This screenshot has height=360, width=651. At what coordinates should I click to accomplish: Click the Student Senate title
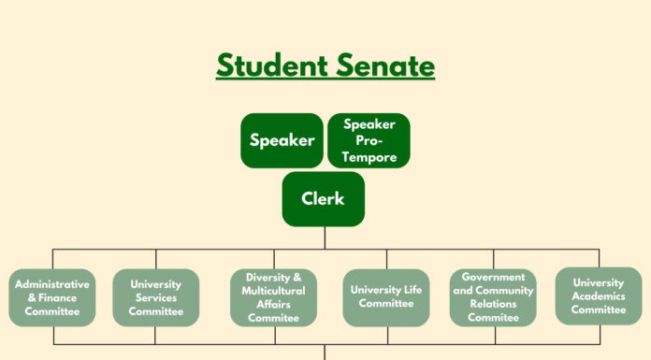pyautogui.click(x=325, y=66)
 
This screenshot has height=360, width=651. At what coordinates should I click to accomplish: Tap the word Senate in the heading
pyautogui.click(x=387, y=66)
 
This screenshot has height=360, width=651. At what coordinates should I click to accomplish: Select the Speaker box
pyautogui.click(x=282, y=140)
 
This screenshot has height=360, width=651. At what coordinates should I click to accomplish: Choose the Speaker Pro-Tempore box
pyautogui.click(x=369, y=140)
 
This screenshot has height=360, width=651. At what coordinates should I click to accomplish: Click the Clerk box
pyautogui.click(x=323, y=199)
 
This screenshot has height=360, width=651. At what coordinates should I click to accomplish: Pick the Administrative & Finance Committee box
pyautogui.click(x=52, y=297)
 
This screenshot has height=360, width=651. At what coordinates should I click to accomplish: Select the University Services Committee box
pyautogui.click(x=155, y=297)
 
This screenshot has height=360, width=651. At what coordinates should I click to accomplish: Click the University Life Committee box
pyautogui.click(x=385, y=297)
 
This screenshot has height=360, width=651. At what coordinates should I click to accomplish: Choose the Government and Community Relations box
pyautogui.click(x=493, y=297)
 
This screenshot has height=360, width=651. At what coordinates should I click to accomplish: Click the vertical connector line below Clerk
pyautogui.click(x=325, y=238)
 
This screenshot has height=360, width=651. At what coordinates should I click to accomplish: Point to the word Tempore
pyautogui.click(x=369, y=157)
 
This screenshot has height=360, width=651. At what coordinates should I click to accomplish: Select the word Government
pyautogui.click(x=493, y=278)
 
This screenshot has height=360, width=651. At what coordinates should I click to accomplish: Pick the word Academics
pyautogui.click(x=599, y=295)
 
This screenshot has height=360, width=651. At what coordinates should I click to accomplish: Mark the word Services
pyautogui.click(x=155, y=297)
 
